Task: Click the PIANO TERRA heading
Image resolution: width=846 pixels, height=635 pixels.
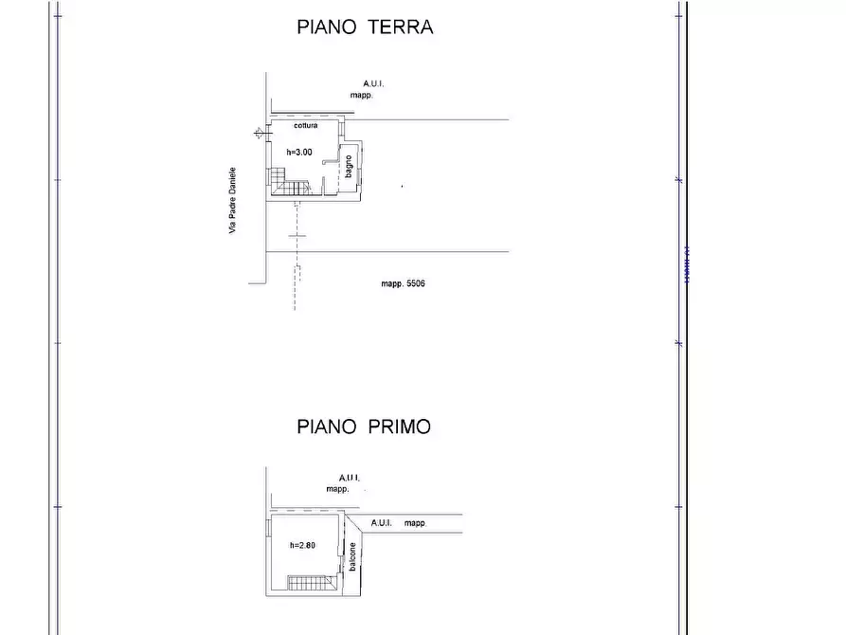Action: [x=365, y=27]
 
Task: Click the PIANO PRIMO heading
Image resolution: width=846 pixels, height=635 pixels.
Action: [x=363, y=427]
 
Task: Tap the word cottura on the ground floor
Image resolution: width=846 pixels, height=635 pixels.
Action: [x=305, y=126]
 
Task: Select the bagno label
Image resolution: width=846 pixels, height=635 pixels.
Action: [x=349, y=167]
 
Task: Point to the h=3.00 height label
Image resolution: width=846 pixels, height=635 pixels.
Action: [x=299, y=152]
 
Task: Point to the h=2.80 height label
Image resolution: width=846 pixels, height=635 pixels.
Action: [x=302, y=546]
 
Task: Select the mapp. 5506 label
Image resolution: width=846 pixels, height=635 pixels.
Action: [x=403, y=284]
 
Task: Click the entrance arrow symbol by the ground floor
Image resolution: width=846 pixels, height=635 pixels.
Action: [x=259, y=133]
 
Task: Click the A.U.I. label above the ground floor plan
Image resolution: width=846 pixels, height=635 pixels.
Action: [x=372, y=83]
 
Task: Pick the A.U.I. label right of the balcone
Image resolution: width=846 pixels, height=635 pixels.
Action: [x=382, y=523]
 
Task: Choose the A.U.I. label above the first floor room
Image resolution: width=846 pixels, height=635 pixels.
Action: [x=350, y=478]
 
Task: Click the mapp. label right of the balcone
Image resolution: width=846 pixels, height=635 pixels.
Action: [x=415, y=523]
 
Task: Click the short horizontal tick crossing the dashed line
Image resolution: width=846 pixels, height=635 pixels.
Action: [x=297, y=235]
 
